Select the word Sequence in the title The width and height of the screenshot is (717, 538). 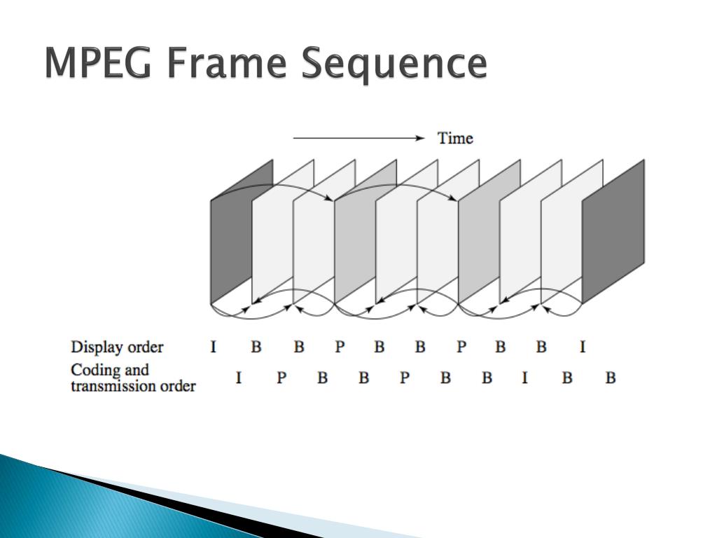[x=395, y=64]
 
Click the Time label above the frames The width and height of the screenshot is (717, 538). [x=455, y=138]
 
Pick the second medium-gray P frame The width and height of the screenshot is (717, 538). [x=479, y=238]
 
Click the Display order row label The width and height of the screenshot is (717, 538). [x=117, y=347]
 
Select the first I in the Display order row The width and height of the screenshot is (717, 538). [x=214, y=347]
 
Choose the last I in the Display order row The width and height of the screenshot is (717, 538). [x=583, y=347]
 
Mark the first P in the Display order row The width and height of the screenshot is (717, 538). [x=340, y=347]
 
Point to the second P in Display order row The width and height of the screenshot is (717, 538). [x=461, y=347]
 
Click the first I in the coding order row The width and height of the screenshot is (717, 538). [x=239, y=378]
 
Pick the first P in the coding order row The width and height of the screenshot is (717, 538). [x=281, y=378]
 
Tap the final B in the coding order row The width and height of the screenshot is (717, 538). [x=611, y=378]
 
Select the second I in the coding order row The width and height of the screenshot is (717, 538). [x=525, y=378]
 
